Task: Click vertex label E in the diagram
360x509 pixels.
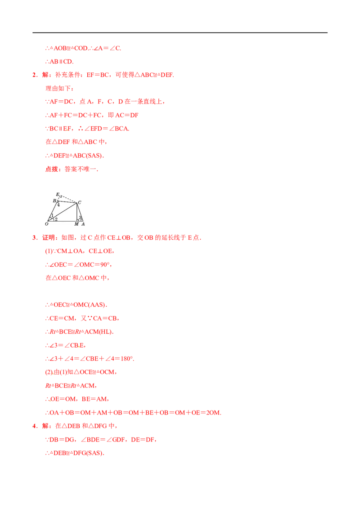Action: coord(58,194)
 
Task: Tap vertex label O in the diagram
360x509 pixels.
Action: coord(46,224)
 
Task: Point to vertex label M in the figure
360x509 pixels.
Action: coord(76,224)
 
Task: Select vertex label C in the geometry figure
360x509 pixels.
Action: coord(80,202)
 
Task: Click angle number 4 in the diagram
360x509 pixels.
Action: coord(58,205)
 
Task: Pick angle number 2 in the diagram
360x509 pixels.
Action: coord(56,219)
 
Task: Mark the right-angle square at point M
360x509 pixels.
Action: coord(78,220)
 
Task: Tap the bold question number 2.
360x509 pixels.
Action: coord(35,75)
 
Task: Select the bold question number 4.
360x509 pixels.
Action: coord(35,426)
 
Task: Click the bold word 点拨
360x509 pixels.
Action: coord(52,169)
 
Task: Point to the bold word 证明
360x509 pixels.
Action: coord(49,237)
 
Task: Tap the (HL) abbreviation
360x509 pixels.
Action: coord(106,332)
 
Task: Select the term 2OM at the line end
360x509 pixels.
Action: coord(213,413)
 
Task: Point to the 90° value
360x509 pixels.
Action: coord(105,264)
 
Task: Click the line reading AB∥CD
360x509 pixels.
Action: coord(59,61)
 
